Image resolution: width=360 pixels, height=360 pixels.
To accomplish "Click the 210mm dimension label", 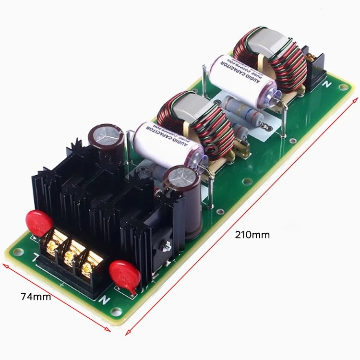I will pyautogui.click(x=252, y=235).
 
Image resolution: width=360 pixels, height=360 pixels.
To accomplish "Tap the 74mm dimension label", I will pyautogui.click(x=36, y=296).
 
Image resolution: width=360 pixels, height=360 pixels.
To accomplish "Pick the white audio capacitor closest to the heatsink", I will pyautogui.click(x=166, y=141).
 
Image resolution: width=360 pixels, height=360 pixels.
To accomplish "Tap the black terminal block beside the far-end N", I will pyautogui.click(x=314, y=67).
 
